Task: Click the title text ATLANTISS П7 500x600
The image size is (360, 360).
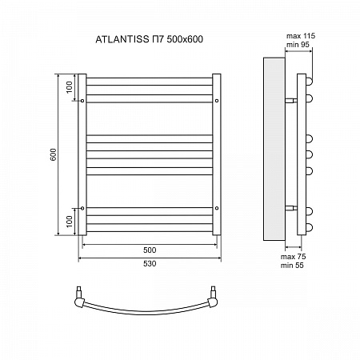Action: (149, 39)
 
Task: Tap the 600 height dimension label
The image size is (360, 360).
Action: (54, 154)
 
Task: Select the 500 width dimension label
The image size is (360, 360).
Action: (150, 250)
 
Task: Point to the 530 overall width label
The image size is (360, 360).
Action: (150, 264)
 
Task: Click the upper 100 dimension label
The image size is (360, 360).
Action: (69, 87)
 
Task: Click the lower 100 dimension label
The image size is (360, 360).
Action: (69, 222)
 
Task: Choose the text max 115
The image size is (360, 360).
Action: (301, 36)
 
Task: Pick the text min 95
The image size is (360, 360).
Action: (298, 45)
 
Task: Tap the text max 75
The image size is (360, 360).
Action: (293, 257)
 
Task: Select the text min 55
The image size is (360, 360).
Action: (292, 266)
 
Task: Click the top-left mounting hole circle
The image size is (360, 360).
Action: (82, 101)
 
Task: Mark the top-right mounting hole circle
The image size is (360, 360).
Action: (217, 101)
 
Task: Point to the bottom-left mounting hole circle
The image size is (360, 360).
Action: (82, 208)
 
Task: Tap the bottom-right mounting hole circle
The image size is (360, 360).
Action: (217, 208)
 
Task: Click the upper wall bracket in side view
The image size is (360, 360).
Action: (291, 101)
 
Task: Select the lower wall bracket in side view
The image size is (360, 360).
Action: (291, 208)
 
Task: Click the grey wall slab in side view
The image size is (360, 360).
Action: (274, 149)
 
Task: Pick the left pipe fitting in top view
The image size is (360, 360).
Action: (79, 298)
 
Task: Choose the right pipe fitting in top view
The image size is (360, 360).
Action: (213, 298)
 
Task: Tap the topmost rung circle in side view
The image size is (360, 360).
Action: (310, 81)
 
